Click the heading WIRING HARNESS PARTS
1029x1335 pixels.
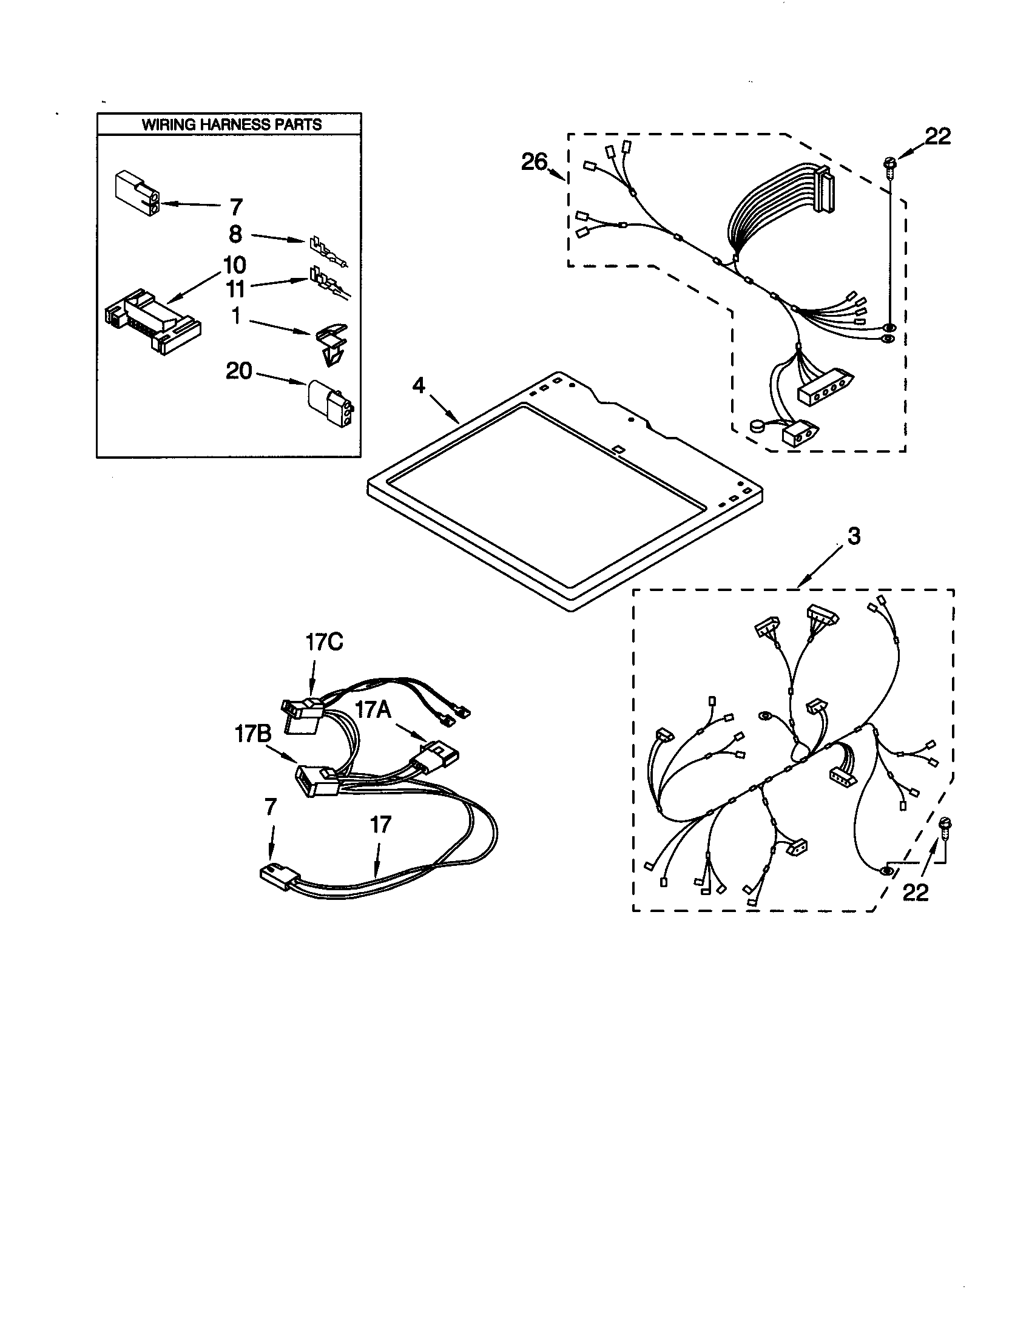click(232, 124)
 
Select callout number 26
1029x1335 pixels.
click(535, 162)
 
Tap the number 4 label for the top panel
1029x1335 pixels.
click(418, 386)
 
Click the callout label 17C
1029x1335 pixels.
click(325, 642)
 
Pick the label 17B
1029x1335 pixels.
click(253, 734)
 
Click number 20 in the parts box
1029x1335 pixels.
click(239, 370)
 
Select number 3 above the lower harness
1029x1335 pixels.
click(854, 536)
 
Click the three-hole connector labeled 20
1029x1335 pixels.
click(332, 405)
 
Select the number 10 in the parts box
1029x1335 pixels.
click(235, 265)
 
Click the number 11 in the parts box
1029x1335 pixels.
click(235, 288)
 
